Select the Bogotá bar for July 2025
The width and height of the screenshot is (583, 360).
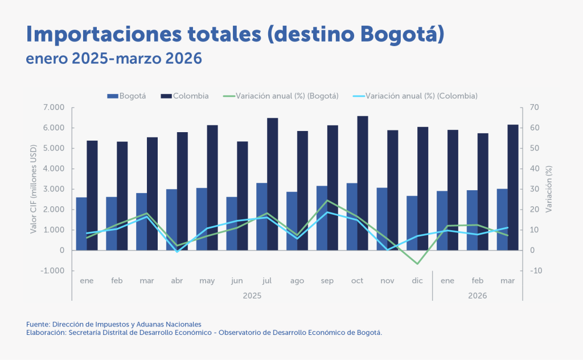pos(262,216)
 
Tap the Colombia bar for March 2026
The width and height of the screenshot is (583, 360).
pos(513,187)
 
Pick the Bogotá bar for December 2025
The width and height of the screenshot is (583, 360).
pos(412,223)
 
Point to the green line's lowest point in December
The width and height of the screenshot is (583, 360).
pos(417,264)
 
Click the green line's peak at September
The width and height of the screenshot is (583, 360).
pos(327,201)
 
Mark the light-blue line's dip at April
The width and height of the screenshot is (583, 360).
pos(177,252)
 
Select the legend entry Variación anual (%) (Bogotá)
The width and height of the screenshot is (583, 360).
pos(281,96)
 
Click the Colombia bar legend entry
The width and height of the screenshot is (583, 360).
pos(185,96)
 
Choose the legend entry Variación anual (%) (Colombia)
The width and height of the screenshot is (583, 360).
pos(415,96)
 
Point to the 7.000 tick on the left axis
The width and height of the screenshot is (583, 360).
pos(54,108)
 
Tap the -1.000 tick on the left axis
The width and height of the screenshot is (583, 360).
pos(52,271)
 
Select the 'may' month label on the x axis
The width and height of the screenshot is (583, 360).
pos(207,281)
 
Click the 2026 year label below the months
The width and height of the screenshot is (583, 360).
pos(478,296)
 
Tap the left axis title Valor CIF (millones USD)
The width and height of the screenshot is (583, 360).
pos(34,189)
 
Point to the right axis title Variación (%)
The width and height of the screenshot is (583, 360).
pos(549,189)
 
